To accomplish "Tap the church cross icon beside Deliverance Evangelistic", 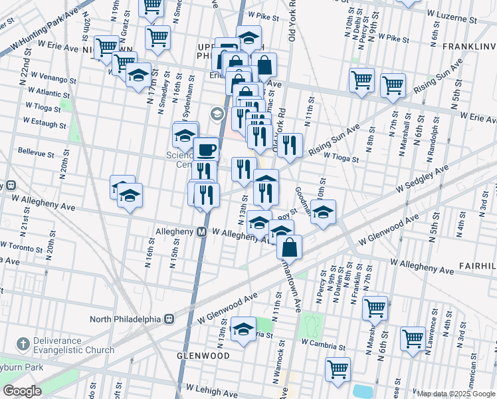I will (23, 344).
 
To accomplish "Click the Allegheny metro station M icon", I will (201, 232).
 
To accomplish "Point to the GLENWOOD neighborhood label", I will (203, 356).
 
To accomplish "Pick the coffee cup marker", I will (206, 150).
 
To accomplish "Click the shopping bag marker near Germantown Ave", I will (290, 247).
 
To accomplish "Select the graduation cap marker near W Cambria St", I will (244, 331).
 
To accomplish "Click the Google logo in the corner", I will (23, 391).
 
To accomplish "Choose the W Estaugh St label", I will (45, 123).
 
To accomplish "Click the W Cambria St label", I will (323, 344).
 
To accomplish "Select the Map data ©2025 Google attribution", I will (456, 394).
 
